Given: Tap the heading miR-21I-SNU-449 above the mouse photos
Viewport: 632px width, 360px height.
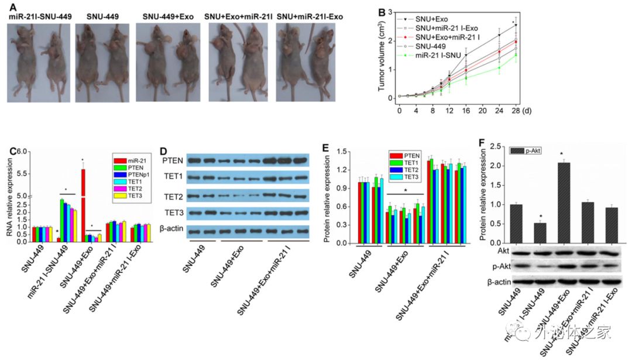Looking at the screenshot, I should click(x=40, y=16).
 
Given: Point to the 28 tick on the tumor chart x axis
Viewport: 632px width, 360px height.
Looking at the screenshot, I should click(x=516, y=110).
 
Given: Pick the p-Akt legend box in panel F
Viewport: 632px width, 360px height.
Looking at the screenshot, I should click(x=517, y=150).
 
